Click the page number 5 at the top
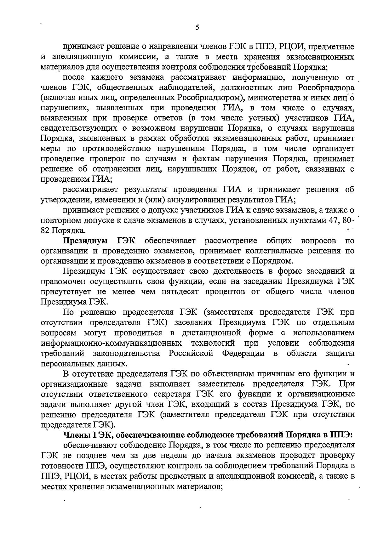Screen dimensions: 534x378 tap(197, 27)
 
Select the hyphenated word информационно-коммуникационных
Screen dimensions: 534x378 tap(111, 343)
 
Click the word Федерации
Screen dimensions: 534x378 tap(243, 353)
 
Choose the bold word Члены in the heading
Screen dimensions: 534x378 tap(77, 435)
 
